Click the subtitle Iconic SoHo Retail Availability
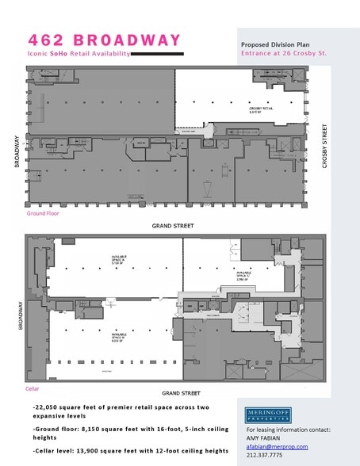tap(67, 54)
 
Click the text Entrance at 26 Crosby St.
tap(283, 54)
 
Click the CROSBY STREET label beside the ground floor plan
tap(325, 146)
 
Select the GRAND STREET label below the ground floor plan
tap(174, 225)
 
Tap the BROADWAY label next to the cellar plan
tap(17, 317)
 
